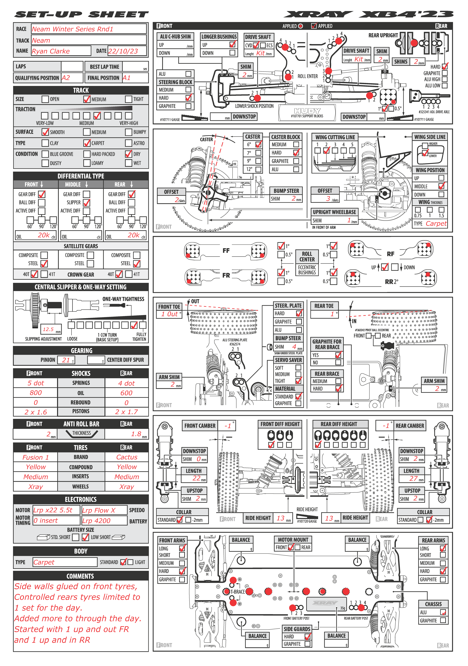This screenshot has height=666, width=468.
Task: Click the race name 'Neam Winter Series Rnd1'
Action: coord(72,29)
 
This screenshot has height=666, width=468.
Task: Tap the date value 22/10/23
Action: coord(123,51)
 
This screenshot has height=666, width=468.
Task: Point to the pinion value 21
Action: coord(66,360)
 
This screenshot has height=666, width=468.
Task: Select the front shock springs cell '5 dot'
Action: coord(36,383)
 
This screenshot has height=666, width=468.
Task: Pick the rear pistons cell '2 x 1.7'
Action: coord(126,412)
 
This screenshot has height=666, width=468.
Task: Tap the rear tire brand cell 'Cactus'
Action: coord(127,457)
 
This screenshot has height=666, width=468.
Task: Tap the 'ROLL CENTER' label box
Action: coord(307,257)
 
